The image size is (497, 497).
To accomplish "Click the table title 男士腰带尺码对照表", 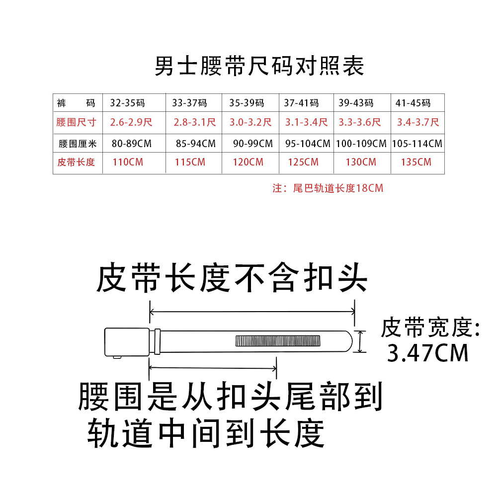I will (259, 67).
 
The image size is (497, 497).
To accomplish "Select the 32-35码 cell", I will (127, 103).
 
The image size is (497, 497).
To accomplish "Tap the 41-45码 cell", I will (413, 103).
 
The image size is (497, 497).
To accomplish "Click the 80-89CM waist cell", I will (131, 144).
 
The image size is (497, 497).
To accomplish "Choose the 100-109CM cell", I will (361, 144).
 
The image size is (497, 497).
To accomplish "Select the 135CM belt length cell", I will (416, 162).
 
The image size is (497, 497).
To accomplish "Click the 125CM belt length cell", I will (303, 162).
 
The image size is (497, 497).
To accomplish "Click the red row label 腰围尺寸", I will (76, 122).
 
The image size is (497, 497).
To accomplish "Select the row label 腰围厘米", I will (77, 144).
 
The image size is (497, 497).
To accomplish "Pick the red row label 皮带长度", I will (76, 162).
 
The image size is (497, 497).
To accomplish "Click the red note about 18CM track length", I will (328, 188).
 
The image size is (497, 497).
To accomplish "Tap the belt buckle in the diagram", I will (127, 342).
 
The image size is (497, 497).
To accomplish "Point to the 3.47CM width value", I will (428, 353).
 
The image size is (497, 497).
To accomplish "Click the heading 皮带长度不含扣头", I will (231, 278).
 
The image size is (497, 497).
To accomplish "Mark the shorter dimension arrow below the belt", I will (213, 368).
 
